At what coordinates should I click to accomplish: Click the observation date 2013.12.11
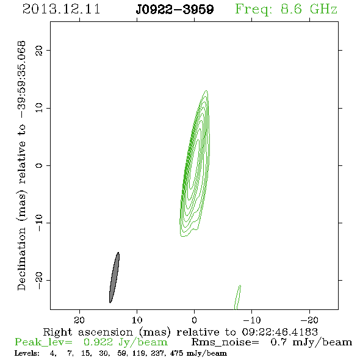pos(61,9)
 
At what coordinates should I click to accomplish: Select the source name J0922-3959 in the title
pos(175,10)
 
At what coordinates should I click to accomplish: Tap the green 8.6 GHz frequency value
pos(309,9)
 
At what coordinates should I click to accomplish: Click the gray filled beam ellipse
pos(114,278)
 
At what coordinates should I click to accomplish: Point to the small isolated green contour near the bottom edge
pos(237,298)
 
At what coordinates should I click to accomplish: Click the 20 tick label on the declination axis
pos(39,50)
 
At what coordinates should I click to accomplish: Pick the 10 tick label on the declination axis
pos(39,108)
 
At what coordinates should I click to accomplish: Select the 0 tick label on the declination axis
pos(39,165)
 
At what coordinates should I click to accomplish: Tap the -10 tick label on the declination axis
pos(39,223)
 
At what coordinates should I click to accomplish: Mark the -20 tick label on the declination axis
pos(39,280)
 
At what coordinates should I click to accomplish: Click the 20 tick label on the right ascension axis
pos(79,320)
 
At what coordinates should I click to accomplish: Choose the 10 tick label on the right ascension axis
pos(137,320)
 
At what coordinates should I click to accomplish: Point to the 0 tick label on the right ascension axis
pos(194,320)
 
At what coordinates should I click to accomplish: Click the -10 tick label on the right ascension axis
pos(252,320)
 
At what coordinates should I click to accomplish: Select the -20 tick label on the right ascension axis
pos(309,320)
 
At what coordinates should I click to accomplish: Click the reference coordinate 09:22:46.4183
pos(279,332)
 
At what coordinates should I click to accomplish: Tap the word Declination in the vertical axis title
pos(21,259)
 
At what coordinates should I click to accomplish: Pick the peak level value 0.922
pos(98,342)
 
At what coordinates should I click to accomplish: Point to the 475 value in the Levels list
pos(176,353)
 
